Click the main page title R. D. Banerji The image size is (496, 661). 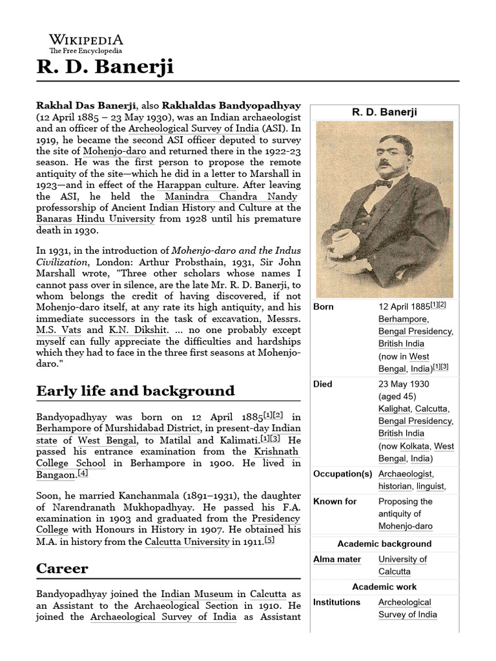pos(105,67)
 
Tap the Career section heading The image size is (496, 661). pos(63,569)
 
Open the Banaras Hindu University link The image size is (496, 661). pos(96,219)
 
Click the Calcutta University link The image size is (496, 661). pos(187,542)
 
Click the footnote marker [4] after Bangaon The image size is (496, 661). pos(82,473)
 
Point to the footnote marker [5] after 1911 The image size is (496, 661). pos(269,540)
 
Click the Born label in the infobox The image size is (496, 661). pos(323,307)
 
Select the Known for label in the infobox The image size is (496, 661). pos(335,502)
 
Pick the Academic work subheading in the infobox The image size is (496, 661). pos(384,587)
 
